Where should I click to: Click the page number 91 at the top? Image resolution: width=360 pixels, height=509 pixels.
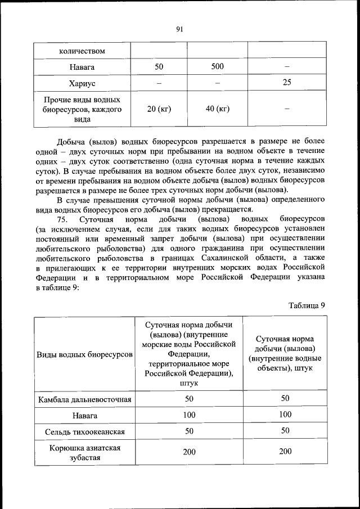[180, 29]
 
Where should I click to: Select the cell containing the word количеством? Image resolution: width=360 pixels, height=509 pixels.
[82, 51]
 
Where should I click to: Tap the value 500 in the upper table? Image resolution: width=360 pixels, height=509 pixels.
[217, 66]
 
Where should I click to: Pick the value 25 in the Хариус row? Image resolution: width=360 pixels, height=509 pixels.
[286, 83]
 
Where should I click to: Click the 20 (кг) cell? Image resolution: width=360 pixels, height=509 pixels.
[159, 109]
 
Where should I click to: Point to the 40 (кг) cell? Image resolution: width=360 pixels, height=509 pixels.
[217, 109]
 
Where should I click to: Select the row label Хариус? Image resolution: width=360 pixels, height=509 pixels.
[82, 83]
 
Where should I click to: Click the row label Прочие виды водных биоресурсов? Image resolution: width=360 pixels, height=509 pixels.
[82, 109]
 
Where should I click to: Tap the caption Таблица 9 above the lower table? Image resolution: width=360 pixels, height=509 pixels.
[307, 305]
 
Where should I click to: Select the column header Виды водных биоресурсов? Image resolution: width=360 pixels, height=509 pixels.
[84, 355]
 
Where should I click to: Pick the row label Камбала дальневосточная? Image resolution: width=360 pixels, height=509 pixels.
[84, 399]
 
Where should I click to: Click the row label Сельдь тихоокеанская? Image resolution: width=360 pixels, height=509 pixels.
[84, 431]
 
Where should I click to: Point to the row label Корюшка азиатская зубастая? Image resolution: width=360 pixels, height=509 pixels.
[84, 452]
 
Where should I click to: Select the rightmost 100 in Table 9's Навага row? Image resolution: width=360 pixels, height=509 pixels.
[285, 415]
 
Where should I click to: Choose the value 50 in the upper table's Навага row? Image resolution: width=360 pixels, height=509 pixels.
[159, 66]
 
